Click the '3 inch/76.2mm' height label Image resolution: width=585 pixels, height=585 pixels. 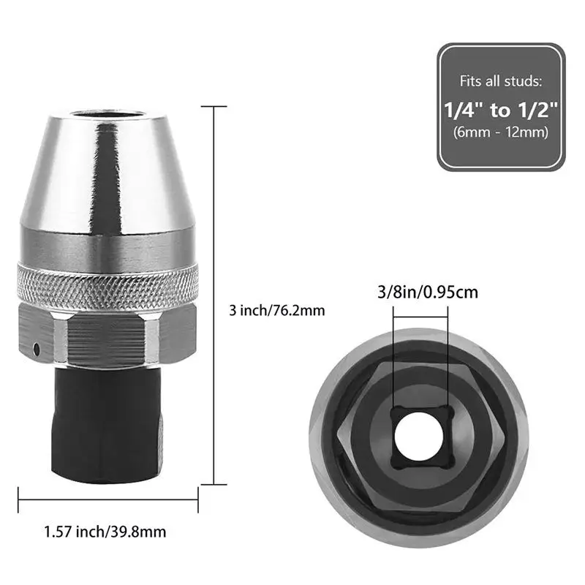click(x=277, y=311)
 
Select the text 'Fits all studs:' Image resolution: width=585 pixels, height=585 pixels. click(x=501, y=81)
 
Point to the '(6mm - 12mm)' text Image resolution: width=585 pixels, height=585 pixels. click(x=501, y=132)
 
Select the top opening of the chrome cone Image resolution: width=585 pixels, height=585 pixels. click(x=107, y=115)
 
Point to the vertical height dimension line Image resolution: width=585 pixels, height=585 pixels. click(x=214, y=292)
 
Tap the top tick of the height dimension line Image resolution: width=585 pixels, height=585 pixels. click(x=214, y=106)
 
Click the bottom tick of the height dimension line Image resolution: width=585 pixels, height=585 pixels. click(x=214, y=483)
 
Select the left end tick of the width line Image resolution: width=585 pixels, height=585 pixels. click(x=18, y=499)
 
